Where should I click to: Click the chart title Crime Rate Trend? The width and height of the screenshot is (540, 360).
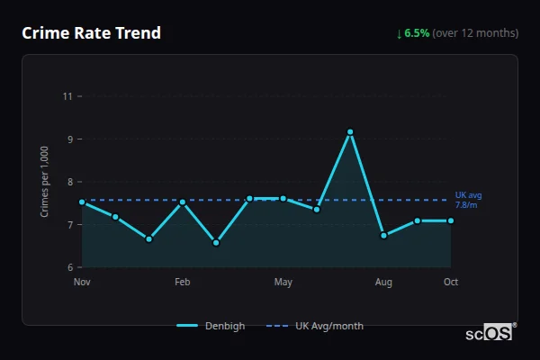pos(91,33)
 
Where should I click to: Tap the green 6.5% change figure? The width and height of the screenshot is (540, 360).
pos(417,33)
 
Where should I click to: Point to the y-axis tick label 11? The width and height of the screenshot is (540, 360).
pos(67,96)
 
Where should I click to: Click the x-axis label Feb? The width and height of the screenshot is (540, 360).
pos(183,283)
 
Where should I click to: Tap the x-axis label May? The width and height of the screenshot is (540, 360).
pos(283,283)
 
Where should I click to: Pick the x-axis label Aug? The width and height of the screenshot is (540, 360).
pos(383,283)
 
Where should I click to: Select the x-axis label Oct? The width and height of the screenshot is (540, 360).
pos(451,283)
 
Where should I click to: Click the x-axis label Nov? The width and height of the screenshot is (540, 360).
pos(82,283)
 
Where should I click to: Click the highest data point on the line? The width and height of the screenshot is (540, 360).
pos(350,132)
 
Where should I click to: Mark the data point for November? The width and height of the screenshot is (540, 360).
pos(82,202)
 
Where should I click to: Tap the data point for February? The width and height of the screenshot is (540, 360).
pos(183,202)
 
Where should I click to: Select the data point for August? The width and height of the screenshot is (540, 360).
pos(383,236)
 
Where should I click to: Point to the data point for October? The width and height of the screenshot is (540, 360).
pos(451,220)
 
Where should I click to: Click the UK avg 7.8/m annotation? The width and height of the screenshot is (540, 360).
pos(468,200)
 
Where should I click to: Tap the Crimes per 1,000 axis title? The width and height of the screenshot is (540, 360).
pos(45,182)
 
